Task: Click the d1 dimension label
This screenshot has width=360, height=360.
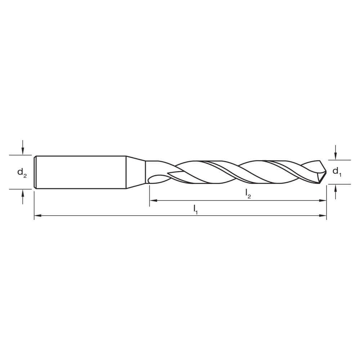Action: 336,171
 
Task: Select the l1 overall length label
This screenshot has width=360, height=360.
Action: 195,209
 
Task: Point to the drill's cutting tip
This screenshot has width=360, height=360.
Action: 325,172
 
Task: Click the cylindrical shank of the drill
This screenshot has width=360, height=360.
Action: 81,172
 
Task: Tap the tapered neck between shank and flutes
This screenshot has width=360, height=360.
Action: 136,172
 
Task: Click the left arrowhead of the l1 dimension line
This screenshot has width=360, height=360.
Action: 37,216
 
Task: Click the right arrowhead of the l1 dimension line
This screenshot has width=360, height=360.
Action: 324,216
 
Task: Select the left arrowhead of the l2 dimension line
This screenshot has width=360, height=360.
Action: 152,200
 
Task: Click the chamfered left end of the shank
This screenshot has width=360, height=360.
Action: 35,172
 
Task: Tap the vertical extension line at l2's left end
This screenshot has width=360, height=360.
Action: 149,196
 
